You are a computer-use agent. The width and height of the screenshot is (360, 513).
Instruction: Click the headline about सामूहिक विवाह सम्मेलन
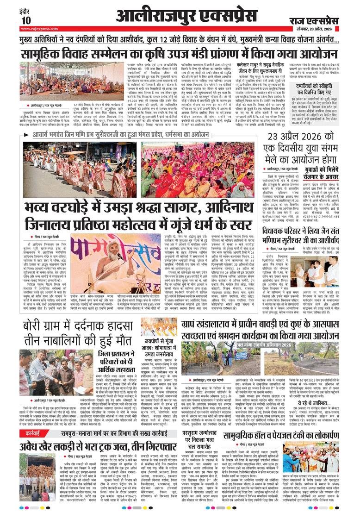coord(174,51)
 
